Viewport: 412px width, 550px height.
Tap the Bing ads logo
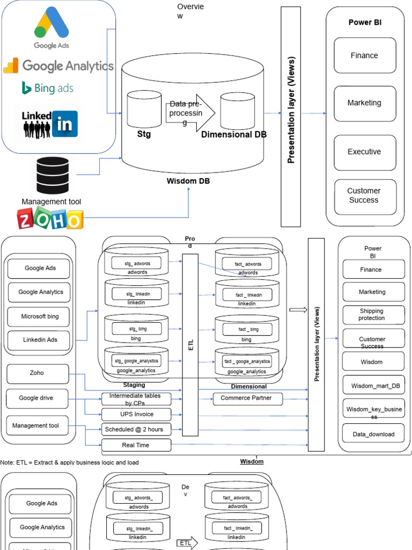[x=47, y=88]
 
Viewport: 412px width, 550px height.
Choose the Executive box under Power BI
[x=365, y=152]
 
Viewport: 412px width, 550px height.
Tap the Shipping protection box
[x=372, y=315]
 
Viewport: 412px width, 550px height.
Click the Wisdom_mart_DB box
[x=372, y=386]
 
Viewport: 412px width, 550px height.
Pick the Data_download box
[x=373, y=434]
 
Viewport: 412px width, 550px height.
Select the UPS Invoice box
[x=136, y=414]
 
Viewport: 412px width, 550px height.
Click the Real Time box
[x=136, y=445]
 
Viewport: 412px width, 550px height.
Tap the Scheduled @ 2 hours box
[x=136, y=429]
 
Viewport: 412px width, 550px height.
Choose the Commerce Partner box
[x=246, y=399]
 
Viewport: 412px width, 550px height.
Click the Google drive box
[x=36, y=399]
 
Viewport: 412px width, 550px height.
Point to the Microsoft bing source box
[x=40, y=316]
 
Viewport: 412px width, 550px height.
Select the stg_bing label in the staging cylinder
[x=138, y=328]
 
